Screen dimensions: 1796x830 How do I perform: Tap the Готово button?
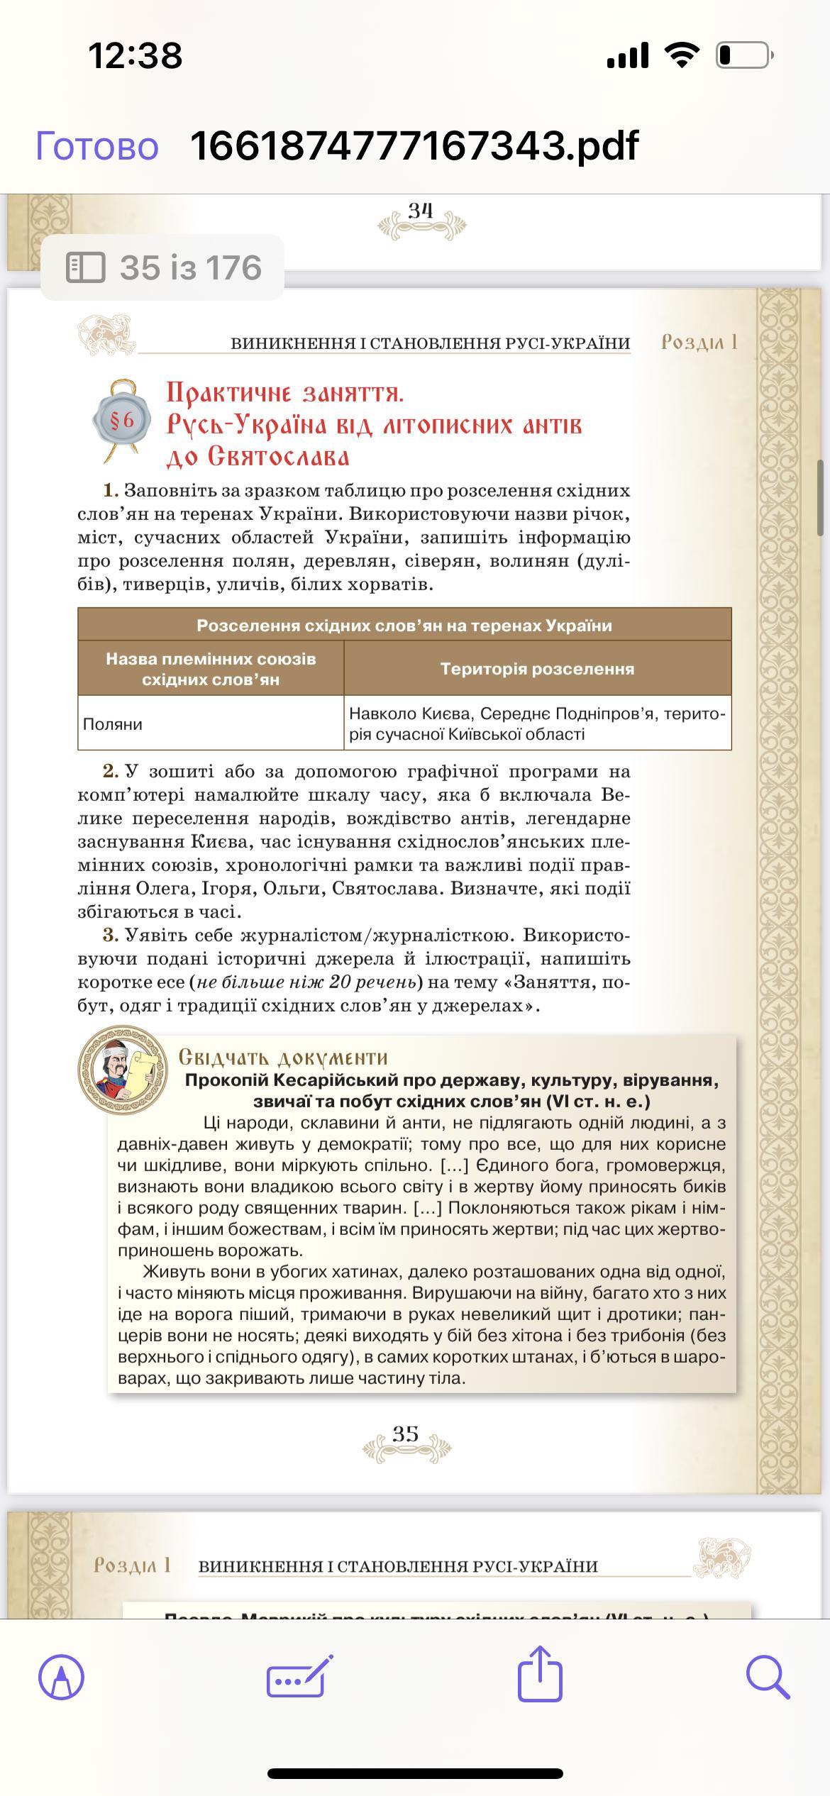coord(97,146)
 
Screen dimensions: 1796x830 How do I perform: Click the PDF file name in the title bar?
coord(414,146)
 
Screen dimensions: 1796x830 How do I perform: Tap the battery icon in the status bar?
coord(743,55)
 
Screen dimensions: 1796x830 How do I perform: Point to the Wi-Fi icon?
coord(681,55)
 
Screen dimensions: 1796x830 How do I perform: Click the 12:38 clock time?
coord(135,55)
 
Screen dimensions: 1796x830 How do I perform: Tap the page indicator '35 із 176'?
coord(163,267)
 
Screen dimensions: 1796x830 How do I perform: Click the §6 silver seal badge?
coord(121,420)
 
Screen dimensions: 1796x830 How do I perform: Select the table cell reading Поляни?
coord(114,724)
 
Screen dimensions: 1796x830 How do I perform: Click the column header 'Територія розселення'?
coord(537,669)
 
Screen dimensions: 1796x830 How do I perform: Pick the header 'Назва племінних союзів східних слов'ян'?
coord(211,669)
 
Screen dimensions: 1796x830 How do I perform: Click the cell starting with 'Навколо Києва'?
coord(537,724)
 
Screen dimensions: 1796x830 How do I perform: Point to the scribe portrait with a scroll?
coord(123,1069)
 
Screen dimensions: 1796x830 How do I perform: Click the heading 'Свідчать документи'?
coord(283,1058)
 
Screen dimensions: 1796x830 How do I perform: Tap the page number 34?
coord(420,211)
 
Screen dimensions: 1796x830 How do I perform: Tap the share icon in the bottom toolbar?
coord(540,1676)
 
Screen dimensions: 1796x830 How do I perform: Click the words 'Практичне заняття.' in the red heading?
coord(285,393)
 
